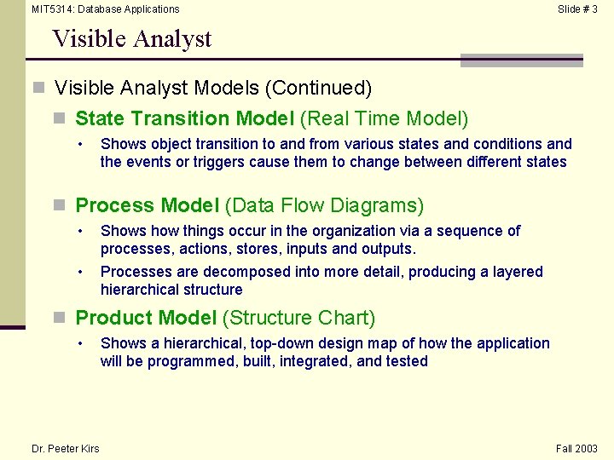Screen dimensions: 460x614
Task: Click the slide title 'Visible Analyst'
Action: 131,39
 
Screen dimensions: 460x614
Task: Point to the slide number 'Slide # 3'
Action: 577,9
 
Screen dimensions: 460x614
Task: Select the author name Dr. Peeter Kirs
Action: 65,449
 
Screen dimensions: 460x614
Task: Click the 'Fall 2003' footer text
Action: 576,449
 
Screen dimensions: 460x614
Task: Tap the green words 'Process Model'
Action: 147,205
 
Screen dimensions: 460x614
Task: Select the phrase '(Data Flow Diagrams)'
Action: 324,205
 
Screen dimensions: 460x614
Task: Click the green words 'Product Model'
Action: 146,318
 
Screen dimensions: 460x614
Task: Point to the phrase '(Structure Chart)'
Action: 298,318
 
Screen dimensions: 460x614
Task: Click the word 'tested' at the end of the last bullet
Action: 405,361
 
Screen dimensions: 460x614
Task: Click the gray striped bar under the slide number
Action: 521,60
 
